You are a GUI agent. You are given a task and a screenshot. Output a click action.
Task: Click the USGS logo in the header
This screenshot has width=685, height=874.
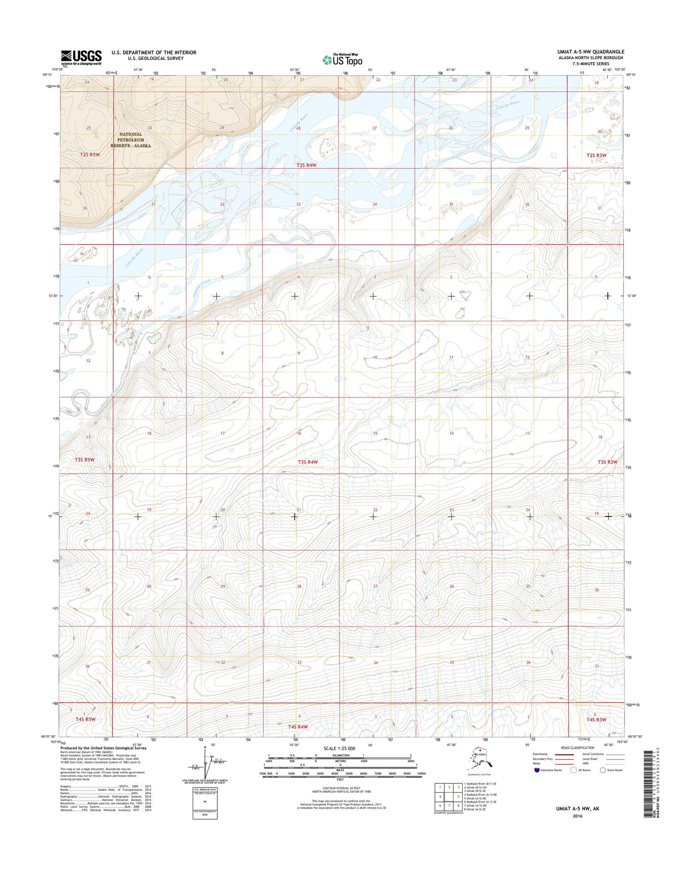[81, 57]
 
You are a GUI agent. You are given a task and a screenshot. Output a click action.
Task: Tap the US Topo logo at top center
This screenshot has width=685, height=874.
[342, 59]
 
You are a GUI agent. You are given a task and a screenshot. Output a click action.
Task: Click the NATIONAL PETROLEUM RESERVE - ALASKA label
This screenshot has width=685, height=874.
[130, 140]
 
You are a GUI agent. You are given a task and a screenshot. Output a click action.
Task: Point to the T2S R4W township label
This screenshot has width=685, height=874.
[306, 165]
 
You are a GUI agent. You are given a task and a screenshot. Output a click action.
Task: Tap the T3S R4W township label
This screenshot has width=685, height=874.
[307, 462]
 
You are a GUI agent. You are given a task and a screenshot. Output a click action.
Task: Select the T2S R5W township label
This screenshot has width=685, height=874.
[90, 155]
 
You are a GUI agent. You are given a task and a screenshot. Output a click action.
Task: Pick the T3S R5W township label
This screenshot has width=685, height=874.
[84, 459]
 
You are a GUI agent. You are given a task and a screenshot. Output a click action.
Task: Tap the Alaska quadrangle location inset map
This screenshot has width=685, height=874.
[479, 761]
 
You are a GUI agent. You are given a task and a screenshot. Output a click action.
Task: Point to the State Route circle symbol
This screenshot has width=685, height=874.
[603, 770]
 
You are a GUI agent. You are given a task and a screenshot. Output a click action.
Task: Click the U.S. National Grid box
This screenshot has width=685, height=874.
[205, 803]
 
